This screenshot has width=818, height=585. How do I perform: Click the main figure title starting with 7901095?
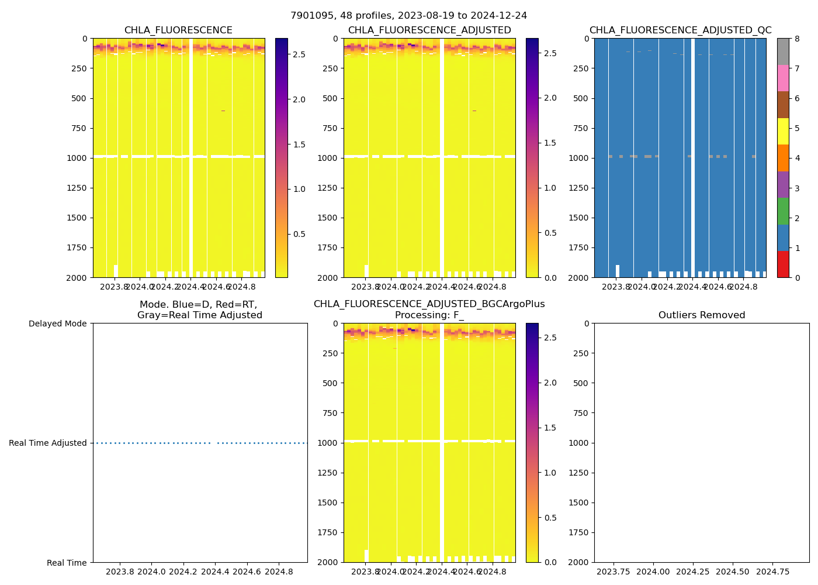(x=408, y=16)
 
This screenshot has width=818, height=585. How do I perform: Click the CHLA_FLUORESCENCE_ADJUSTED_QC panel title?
(x=680, y=30)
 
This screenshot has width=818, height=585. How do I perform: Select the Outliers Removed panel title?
(x=701, y=315)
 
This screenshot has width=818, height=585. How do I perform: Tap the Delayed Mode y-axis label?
(x=57, y=324)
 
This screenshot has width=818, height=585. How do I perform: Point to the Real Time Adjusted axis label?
(x=47, y=443)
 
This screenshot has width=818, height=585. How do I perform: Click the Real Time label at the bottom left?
(x=67, y=563)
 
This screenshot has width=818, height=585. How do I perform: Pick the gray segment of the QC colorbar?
(x=783, y=51)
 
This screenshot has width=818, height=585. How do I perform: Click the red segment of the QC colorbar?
(x=783, y=264)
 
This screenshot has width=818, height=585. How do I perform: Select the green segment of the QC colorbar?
(x=783, y=211)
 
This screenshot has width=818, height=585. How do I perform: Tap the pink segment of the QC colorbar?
(x=783, y=78)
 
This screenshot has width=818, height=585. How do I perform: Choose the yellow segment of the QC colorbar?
(x=783, y=132)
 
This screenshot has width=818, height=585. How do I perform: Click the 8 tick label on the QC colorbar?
(x=796, y=39)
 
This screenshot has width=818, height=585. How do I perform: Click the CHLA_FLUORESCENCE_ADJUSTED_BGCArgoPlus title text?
(x=429, y=304)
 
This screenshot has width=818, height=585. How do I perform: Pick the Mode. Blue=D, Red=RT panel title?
(x=199, y=310)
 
